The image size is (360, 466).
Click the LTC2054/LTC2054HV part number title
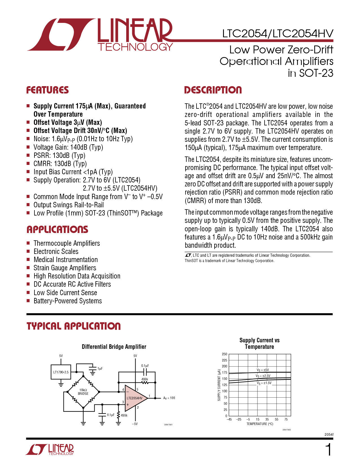(278, 34)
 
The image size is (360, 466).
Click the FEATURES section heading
(47, 90)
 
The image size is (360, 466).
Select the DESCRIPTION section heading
(213, 90)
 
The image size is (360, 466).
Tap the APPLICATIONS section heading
(57, 230)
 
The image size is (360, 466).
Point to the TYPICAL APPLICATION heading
(74, 326)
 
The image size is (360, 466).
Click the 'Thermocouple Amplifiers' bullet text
(67, 243)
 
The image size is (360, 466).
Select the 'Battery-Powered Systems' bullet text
(68, 301)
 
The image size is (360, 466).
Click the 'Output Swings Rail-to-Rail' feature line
(69, 205)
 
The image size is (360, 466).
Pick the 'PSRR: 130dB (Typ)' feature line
(59, 155)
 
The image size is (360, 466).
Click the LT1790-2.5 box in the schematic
(61, 372)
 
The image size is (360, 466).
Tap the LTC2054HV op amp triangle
(135, 398)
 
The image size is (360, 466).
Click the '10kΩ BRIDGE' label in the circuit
(83, 392)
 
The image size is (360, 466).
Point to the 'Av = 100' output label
(169, 398)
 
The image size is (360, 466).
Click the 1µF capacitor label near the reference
(100, 369)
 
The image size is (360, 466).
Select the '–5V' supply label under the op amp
(135, 424)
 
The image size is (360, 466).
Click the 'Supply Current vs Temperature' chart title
(259, 343)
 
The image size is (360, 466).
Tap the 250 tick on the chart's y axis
(224, 354)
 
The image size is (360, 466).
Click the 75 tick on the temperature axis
(286, 419)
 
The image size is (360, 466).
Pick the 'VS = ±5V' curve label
(263, 370)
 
